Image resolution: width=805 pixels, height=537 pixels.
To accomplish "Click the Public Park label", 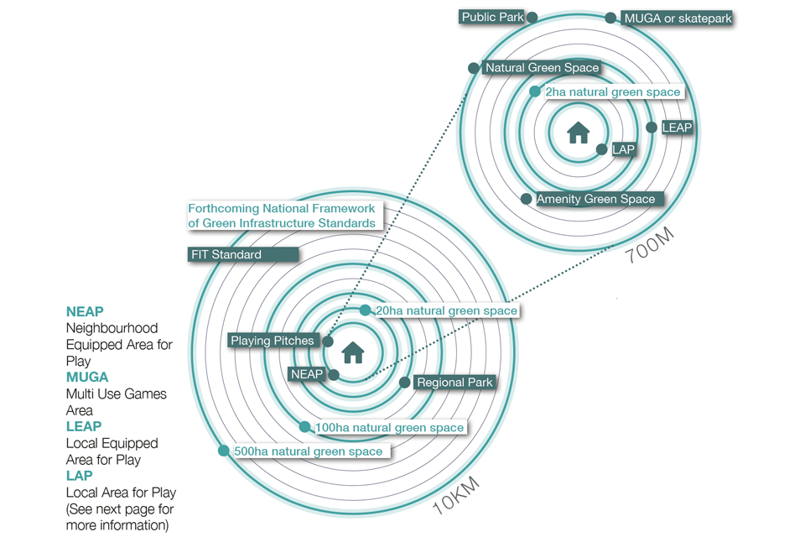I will pyautogui.click(x=492, y=17).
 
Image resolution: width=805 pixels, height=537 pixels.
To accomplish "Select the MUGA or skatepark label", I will pyautogui.click(x=678, y=18).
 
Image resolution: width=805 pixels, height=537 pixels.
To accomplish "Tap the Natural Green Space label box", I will pyautogui.click(x=542, y=68).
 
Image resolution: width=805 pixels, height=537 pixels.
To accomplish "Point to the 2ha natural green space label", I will pyautogui.click(x=613, y=91).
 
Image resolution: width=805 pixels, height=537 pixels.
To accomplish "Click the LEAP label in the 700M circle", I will pyautogui.click(x=677, y=128).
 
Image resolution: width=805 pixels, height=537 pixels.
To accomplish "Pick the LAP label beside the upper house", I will pyautogui.click(x=623, y=149).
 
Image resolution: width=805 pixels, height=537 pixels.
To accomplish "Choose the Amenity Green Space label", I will pyautogui.click(x=595, y=199).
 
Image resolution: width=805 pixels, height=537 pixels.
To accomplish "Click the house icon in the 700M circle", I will pyautogui.click(x=579, y=133).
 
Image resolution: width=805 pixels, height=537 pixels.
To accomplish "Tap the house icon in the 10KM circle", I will pyautogui.click(x=353, y=352).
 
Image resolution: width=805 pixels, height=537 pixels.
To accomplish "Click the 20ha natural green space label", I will pyautogui.click(x=446, y=310).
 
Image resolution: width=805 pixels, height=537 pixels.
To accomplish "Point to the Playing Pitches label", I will pyautogui.click(x=273, y=341).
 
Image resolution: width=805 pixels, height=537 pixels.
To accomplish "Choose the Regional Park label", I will pyautogui.click(x=454, y=383).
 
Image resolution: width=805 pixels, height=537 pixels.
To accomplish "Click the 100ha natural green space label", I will pyautogui.click(x=389, y=428).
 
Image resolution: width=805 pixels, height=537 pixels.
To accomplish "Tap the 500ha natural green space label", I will pyautogui.click(x=308, y=451).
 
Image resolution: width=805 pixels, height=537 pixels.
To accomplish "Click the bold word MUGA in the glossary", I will pyautogui.click(x=87, y=378).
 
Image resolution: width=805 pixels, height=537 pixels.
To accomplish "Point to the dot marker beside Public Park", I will pyautogui.click(x=532, y=17).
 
